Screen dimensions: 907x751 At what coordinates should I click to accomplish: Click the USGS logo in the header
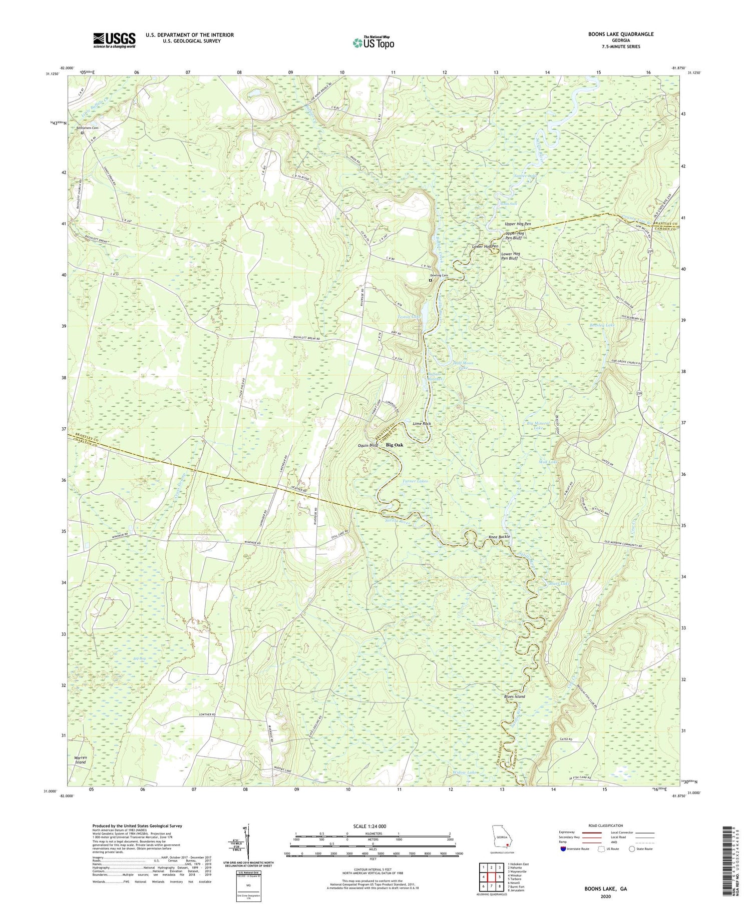click(x=114, y=40)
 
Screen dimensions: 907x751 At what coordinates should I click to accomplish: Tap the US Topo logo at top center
click(x=373, y=43)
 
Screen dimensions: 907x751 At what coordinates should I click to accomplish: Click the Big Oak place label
click(x=394, y=445)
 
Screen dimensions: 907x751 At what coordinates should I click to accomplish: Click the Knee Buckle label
click(x=499, y=537)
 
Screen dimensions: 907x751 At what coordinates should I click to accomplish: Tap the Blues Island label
click(x=514, y=696)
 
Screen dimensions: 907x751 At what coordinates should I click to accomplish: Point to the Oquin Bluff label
click(x=368, y=445)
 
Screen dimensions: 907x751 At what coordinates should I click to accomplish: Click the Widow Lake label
click(x=466, y=772)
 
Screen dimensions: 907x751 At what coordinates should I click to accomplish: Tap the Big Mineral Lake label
click(x=538, y=426)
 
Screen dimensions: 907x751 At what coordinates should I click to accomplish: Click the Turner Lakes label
click(x=416, y=481)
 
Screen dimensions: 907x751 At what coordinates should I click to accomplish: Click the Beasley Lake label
click(x=602, y=325)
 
